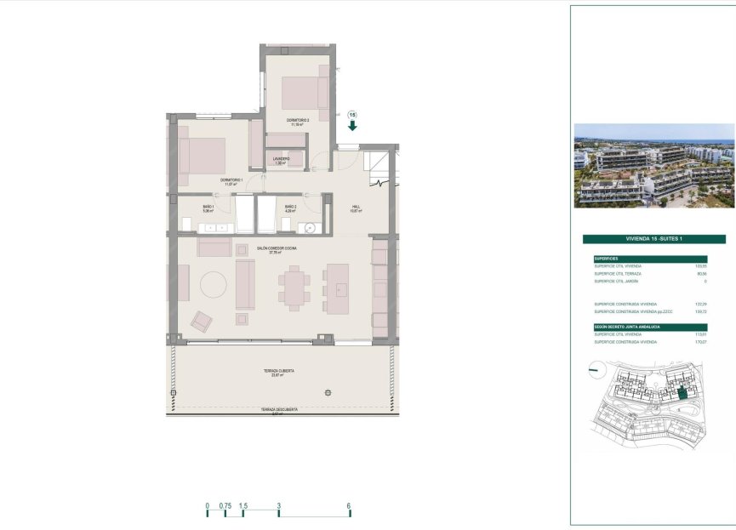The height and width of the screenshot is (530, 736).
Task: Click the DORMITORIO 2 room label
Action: tap(297, 122)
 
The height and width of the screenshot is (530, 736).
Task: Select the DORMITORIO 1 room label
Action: tap(232, 181)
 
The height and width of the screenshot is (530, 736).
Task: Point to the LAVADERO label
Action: tap(282, 160)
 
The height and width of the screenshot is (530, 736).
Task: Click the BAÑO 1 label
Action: tap(208, 208)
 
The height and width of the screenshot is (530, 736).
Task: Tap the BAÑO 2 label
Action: tap(289, 208)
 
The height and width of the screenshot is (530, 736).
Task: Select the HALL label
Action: tap(357, 208)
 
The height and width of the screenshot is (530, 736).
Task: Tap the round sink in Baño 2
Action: tap(311, 227)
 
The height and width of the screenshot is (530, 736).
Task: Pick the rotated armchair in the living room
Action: tap(203, 321)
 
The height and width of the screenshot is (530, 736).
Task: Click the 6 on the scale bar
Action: tap(350, 505)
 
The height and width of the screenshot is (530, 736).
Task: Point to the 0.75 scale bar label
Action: tap(225, 505)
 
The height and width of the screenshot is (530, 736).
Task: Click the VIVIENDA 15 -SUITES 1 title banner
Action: tap(653, 240)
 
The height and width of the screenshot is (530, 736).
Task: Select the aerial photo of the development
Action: tap(653, 166)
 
